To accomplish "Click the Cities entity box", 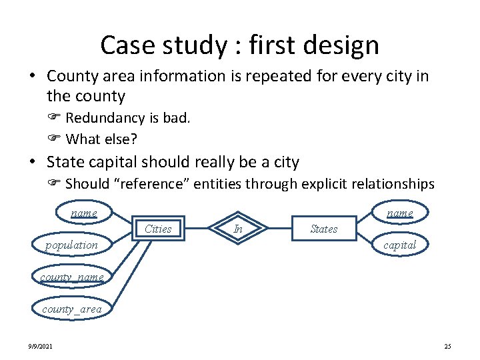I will [x=158, y=229].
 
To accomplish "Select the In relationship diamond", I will [x=238, y=229].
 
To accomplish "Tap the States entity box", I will [x=323, y=229].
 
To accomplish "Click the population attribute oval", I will [x=72, y=245].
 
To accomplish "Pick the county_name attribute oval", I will [x=72, y=277].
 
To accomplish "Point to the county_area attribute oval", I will [x=72, y=309].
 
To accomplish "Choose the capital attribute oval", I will [x=400, y=245].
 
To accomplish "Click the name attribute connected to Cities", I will [x=84, y=213].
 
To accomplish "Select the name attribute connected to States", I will [x=400, y=213].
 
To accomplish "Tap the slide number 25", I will [x=447, y=346].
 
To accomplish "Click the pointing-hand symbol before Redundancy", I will [x=55, y=119].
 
